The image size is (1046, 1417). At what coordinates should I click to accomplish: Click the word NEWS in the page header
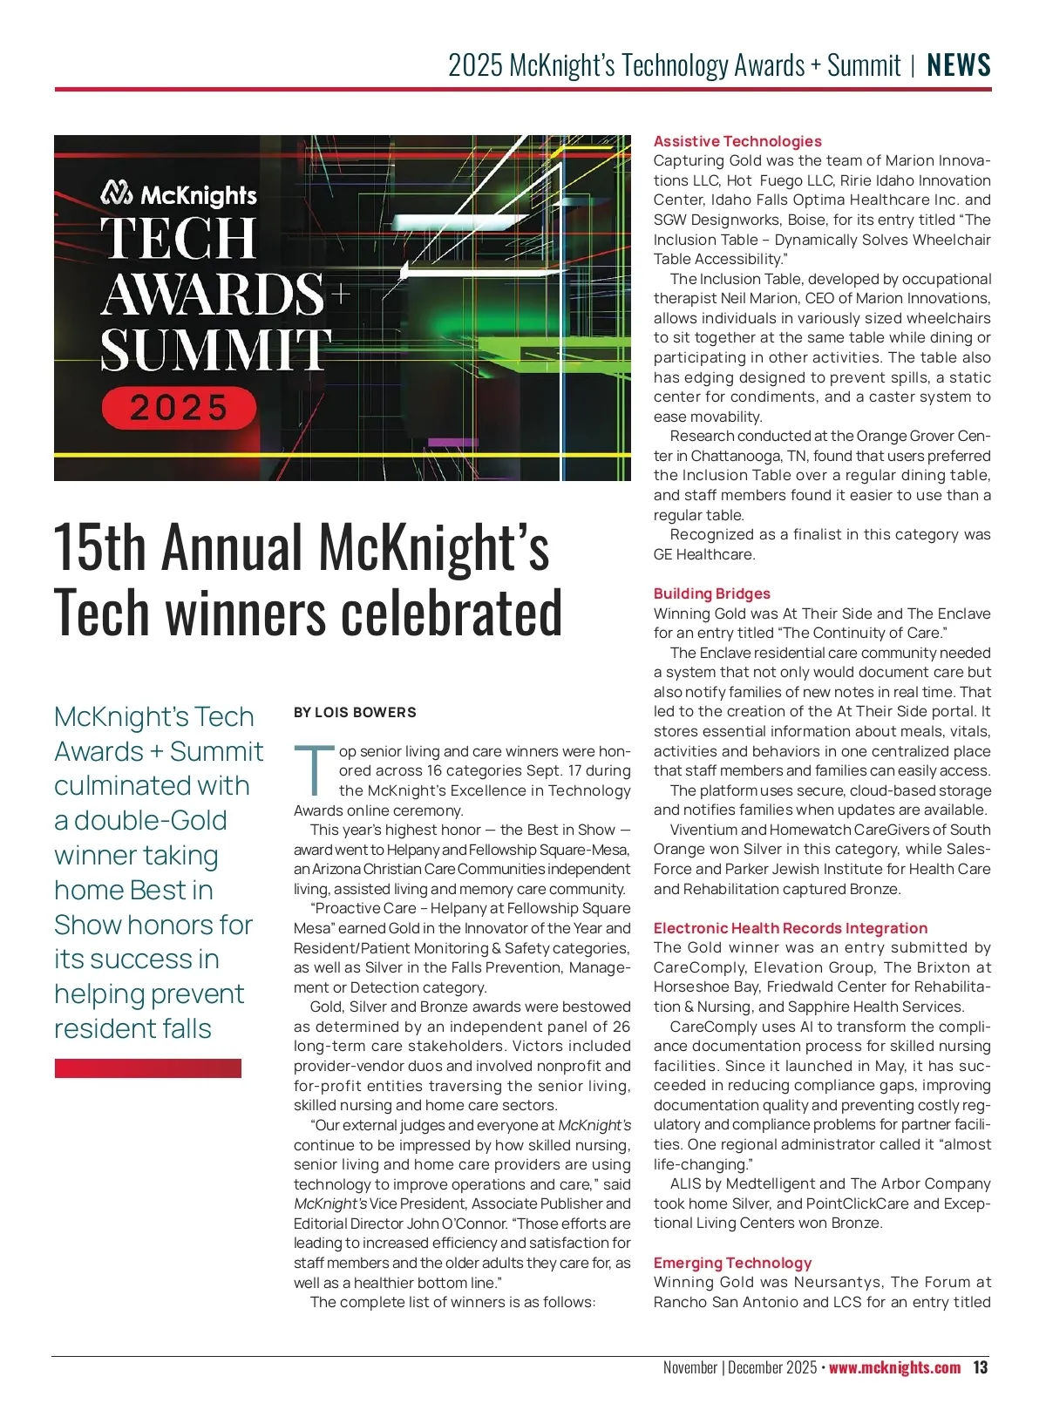[959, 65]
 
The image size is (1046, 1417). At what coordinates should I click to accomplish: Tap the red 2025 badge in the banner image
[179, 408]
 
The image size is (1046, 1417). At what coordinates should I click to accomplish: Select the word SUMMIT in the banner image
[215, 349]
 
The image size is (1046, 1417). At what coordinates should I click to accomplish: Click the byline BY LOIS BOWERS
[355, 712]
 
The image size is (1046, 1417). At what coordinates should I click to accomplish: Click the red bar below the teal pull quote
[147, 1068]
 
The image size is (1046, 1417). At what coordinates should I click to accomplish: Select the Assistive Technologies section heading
[737, 141]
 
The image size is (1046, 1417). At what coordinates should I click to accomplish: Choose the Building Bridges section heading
[712, 593]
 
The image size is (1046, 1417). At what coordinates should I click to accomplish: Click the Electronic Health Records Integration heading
[791, 928]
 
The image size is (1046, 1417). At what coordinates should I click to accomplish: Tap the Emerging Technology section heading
[732, 1263]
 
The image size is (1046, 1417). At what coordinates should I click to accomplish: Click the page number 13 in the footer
[981, 1367]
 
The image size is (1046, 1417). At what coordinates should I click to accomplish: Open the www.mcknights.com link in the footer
[894, 1367]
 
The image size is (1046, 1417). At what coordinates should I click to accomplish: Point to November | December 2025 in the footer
[739, 1367]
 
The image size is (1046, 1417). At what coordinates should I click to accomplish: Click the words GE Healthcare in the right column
[704, 554]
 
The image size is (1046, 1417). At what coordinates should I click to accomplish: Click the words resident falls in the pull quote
[132, 1028]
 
